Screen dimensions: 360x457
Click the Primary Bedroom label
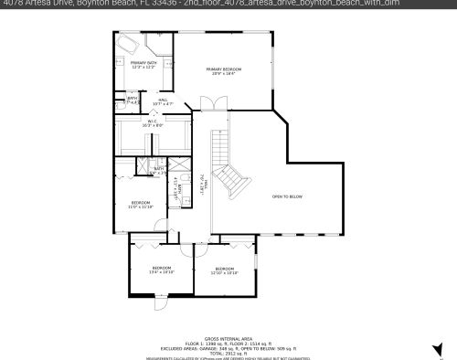pyautogui.click(x=224, y=71)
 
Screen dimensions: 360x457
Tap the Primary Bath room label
pyautogui.click(x=144, y=64)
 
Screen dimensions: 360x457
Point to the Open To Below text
pyautogui.click(x=287, y=196)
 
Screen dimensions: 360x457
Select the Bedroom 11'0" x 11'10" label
pyautogui.click(x=141, y=204)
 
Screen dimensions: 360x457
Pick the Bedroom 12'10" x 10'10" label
pyautogui.click(x=224, y=270)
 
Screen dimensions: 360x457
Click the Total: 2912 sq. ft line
pyautogui.click(x=228, y=353)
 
